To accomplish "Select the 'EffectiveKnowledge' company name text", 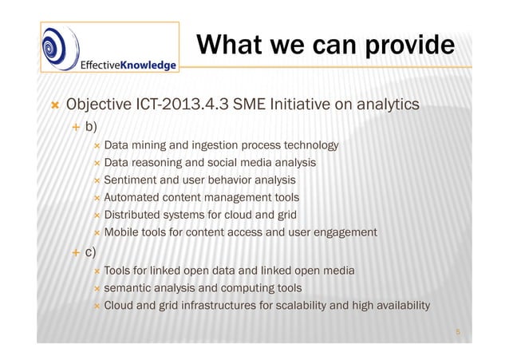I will [x=128, y=65].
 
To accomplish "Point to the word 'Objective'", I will [x=97, y=105].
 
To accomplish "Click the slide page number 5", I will [x=460, y=328].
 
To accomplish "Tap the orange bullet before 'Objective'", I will [x=54, y=106].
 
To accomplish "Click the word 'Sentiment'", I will [x=129, y=180].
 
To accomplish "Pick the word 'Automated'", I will [x=131, y=197].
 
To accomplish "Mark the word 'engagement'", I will [x=346, y=232].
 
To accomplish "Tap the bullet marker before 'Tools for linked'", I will [x=96, y=271].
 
